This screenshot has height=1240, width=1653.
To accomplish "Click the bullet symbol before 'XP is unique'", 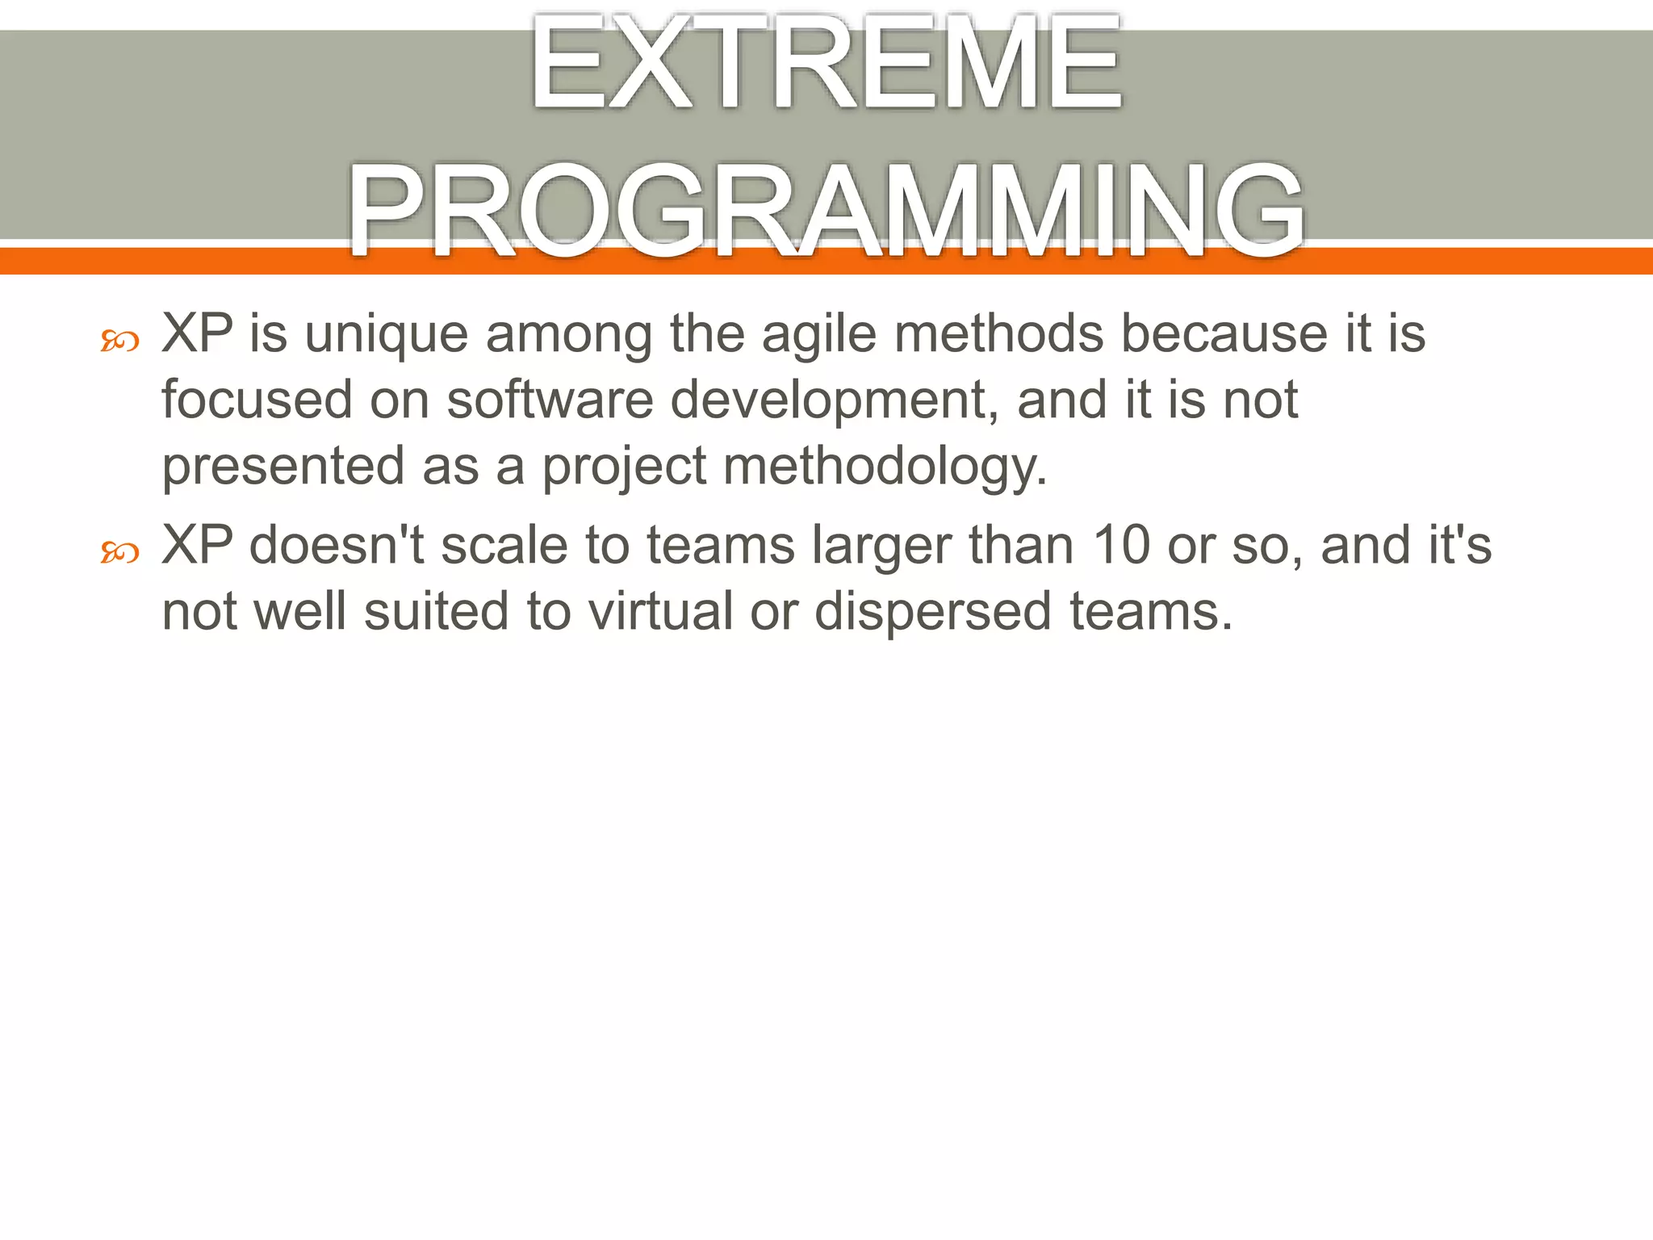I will [120, 341].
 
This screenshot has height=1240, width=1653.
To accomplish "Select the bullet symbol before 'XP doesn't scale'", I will [120, 553].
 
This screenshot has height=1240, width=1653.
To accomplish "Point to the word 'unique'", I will [386, 335].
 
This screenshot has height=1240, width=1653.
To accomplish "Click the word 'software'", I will [550, 400].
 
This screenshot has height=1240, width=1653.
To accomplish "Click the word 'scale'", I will [504, 545].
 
